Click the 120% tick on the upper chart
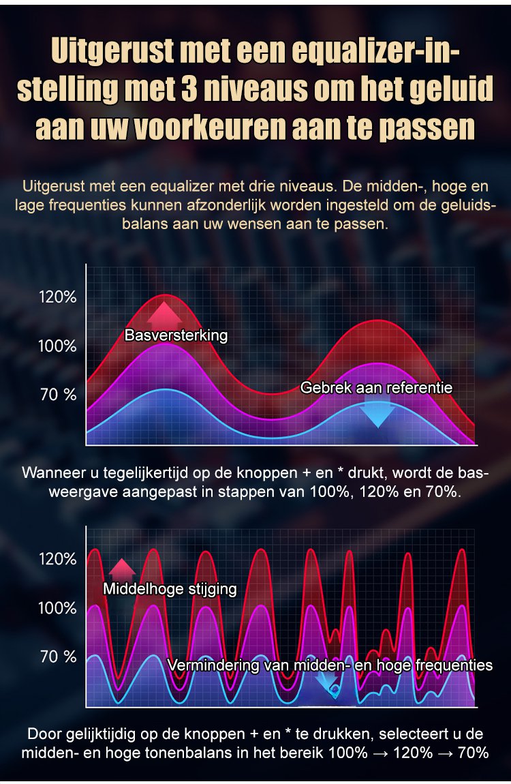[x=57, y=297]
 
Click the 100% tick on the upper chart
[x=57, y=346]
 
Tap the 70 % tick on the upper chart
[x=59, y=394]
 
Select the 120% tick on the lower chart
[x=57, y=559]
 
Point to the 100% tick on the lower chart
[x=57, y=607]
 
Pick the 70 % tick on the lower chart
[x=59, y=657]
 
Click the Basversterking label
[x=176, y=335]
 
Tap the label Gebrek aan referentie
[x=377, y=388]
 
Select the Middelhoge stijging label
[x=170, y=589]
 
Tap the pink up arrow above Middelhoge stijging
[x=123, y=570]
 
